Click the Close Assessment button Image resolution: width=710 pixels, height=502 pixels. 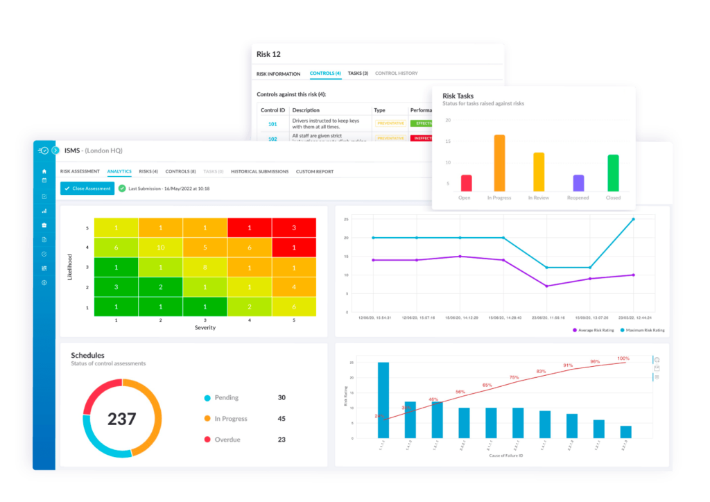[x=87, y=189]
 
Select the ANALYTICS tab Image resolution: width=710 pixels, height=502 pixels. [x=119, y=171]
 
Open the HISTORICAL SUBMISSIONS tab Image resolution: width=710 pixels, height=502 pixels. [x=260, y=171]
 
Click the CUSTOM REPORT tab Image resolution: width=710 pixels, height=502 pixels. [x=314, y=171]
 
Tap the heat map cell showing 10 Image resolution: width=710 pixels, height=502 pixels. [x=160, y=248]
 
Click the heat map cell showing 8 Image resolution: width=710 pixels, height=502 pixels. [x=205, y=268]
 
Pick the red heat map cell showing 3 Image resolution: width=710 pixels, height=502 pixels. [x=293, y=228]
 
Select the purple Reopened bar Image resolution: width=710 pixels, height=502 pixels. [x=578, y=183]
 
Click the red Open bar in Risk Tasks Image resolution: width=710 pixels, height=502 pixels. [x=466, y=183]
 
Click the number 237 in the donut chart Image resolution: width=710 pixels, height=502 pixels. [x=122, y=419]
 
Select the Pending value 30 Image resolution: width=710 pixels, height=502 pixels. [x=282, y=398]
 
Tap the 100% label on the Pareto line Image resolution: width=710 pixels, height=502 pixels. [x=623, y=358]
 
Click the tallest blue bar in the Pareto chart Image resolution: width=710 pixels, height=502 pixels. [x=383, y=400]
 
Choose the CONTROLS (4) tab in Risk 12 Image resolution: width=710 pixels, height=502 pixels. [x=325, y=73]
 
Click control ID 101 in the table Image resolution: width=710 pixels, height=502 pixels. [x=272, y=125]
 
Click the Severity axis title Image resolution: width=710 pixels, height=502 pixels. [x=205, y=327]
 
